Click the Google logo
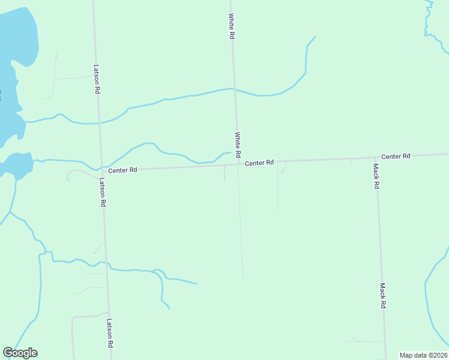[20, 353]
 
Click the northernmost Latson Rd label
[97, 79]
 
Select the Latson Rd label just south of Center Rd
[103, 192]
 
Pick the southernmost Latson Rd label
[110, 333]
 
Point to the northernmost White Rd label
[231, 27]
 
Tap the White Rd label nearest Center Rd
[238, 146]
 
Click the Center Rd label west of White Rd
[123, 170]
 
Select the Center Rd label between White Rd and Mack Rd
[259, 163]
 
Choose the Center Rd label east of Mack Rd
[396, 156]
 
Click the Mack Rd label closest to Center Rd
[376, 176]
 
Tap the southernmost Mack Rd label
[382, 296]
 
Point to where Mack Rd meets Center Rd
[376, 158]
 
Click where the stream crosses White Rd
[234, 89]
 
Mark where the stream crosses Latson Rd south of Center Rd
[107, 264]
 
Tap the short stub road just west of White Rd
[224, 173]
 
